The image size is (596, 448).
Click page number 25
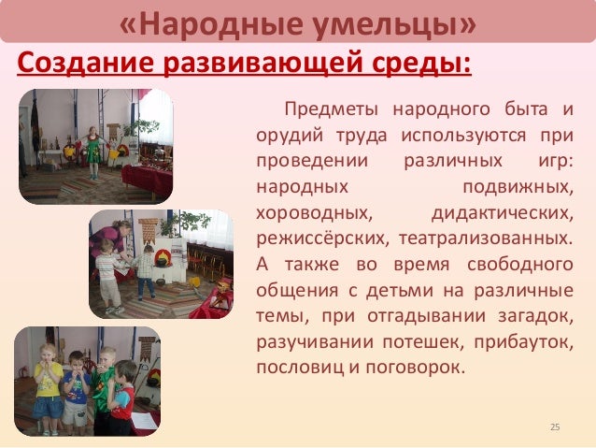555,428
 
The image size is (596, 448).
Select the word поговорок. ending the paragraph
416,364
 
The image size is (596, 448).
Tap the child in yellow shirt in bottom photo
47,383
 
